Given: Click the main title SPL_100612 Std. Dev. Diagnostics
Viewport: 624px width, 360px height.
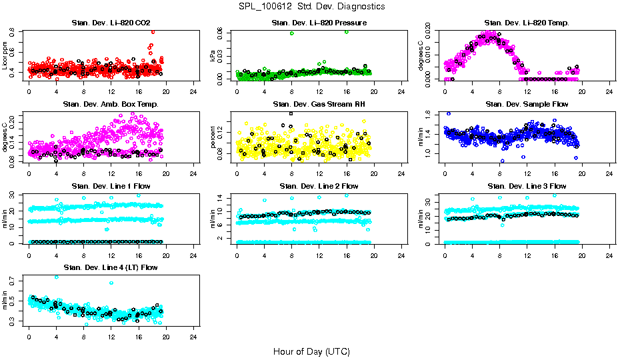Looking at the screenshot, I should click(311, 7).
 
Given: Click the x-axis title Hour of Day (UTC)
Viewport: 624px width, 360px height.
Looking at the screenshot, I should click(311, 351).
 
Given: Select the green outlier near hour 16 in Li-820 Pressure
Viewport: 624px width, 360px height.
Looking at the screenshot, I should click(347, 31).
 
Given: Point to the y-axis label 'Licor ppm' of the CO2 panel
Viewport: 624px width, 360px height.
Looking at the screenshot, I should click(5, 55).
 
